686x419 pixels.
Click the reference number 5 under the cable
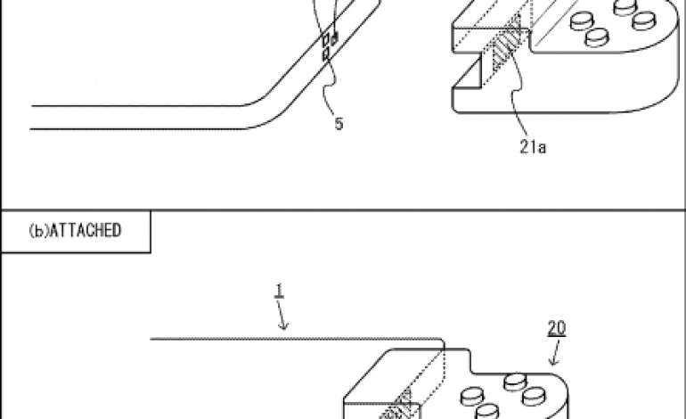339,125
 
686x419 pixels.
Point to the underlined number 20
556,328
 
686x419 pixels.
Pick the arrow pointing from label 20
552,355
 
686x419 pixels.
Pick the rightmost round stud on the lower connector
537,393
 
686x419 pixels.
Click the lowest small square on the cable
326,56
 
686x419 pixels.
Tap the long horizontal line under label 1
294,339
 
